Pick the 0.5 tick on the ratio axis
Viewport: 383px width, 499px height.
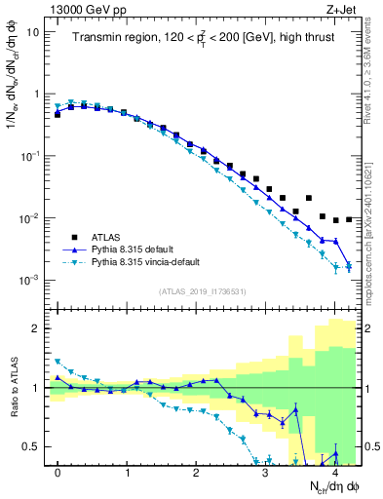pyautogui.click(x=31, y=447)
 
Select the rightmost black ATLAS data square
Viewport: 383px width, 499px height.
pyautogui.click(x=349, y=219)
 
